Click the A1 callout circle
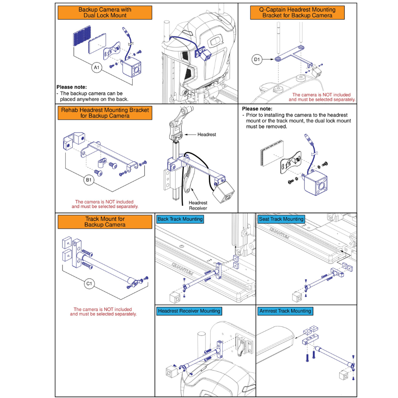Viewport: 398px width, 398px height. click(x=96, y=68)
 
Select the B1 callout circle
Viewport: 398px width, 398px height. click(x=89, y=180)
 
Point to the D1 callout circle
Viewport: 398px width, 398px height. click(x=257, y=60)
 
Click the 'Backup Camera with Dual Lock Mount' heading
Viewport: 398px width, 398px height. click(x=105, y=12)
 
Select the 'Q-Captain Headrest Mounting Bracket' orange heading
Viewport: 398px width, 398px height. click(x=297, y=12)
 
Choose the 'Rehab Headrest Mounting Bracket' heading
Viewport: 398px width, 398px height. click(x=105, y=113)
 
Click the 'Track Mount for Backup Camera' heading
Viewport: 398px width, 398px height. click(x=105, y=222)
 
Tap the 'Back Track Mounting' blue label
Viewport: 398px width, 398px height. click(x=180, y=219)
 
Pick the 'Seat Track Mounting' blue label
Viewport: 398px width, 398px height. click(x=281, y=219)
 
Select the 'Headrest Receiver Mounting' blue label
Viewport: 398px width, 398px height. click(x=189, y=311)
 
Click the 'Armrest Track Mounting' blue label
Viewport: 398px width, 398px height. click(x=285, y=311)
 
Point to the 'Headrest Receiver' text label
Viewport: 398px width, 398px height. click(x=198, y=205)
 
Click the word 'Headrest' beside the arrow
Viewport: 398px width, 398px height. click(x=207, y=135)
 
